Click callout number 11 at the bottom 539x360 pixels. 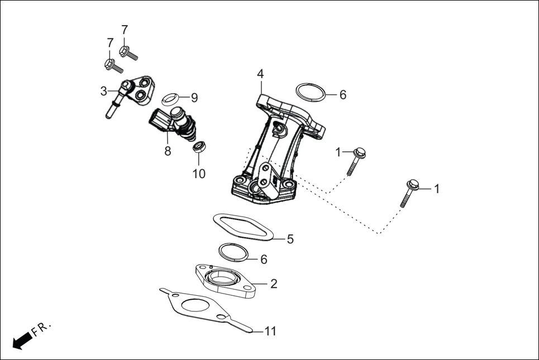point(270,331)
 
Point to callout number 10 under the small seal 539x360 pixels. point(199,174)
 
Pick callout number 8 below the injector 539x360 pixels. point(168,151)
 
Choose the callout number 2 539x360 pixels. point(273,284)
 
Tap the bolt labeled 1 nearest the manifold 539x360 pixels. point(356,160)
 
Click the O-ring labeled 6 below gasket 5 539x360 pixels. point(233,252)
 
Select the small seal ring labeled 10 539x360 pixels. point(199,148)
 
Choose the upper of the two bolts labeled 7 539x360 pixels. point(128,52)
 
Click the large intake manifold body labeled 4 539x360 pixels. point(274,151)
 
